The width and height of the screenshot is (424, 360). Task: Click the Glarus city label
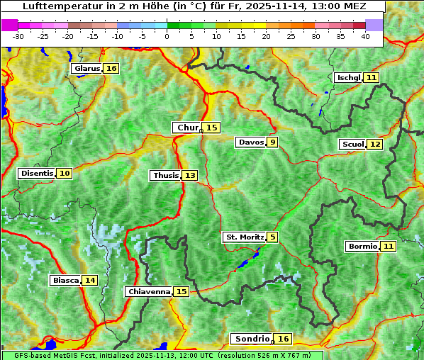(x=87, y=69)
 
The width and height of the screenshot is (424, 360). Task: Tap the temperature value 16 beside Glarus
(x=111, y=69)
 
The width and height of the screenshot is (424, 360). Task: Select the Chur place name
(x=187, y=128)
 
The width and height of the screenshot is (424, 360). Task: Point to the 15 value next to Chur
(x=212, y=128)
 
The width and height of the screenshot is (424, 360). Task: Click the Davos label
(x=251, y=142)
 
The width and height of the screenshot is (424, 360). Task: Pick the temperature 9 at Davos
(x=272, y=142)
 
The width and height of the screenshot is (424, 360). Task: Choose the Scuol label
(x=352, y=145)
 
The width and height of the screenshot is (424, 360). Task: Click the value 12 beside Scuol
(x=375, y=145)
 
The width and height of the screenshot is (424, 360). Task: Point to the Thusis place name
(x=166, y=175)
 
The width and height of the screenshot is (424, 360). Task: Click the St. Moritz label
(x=245, y=237)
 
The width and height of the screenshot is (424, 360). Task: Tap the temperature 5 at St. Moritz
(x=272, y=237)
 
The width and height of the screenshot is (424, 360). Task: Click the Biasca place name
(x=65, y=281)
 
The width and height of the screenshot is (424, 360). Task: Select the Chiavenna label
(x=149, y=291)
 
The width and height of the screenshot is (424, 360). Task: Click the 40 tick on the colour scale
(x=366, y=36)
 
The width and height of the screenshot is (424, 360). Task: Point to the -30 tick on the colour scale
(x=18, y=36)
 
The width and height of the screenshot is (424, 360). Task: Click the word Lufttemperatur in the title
(x=61, y=6)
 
